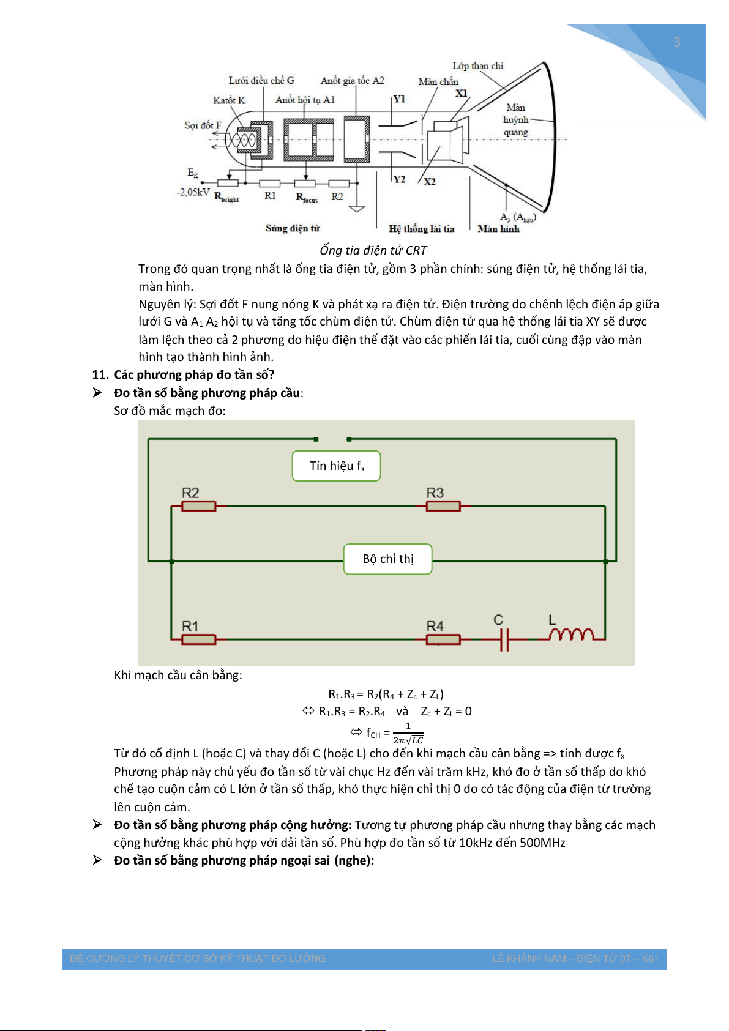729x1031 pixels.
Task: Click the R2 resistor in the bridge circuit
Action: click(199, 506)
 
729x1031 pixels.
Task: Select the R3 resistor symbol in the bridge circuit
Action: click(443, 506)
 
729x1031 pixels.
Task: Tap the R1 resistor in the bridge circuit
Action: click(199, 639)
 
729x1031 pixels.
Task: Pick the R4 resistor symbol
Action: click(443, 639)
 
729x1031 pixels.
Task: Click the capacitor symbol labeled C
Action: click(504, 640)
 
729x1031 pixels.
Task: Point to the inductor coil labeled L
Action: click(570, 635)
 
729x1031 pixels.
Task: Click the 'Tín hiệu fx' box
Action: click(337, 466)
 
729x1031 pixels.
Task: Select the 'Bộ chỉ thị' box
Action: click(388, 559)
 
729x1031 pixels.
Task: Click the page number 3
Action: click(677, 42)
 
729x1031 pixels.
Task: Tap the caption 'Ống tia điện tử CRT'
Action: click(373, 250)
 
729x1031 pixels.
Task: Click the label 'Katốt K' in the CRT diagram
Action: click(229, 100)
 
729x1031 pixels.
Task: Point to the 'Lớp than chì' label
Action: click(477, 66)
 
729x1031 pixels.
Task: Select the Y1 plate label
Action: click(399, 99)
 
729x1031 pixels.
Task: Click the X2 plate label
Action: click(430, 182)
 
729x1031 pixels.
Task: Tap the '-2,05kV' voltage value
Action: click(193, 192)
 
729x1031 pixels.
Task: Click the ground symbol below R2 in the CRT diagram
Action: click(357, 208)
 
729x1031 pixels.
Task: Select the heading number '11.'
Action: click(100, 375)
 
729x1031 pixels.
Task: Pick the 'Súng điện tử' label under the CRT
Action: click(293, 228)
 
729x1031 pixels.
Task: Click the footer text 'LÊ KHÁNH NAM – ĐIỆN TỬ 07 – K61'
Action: click(575, 959)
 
